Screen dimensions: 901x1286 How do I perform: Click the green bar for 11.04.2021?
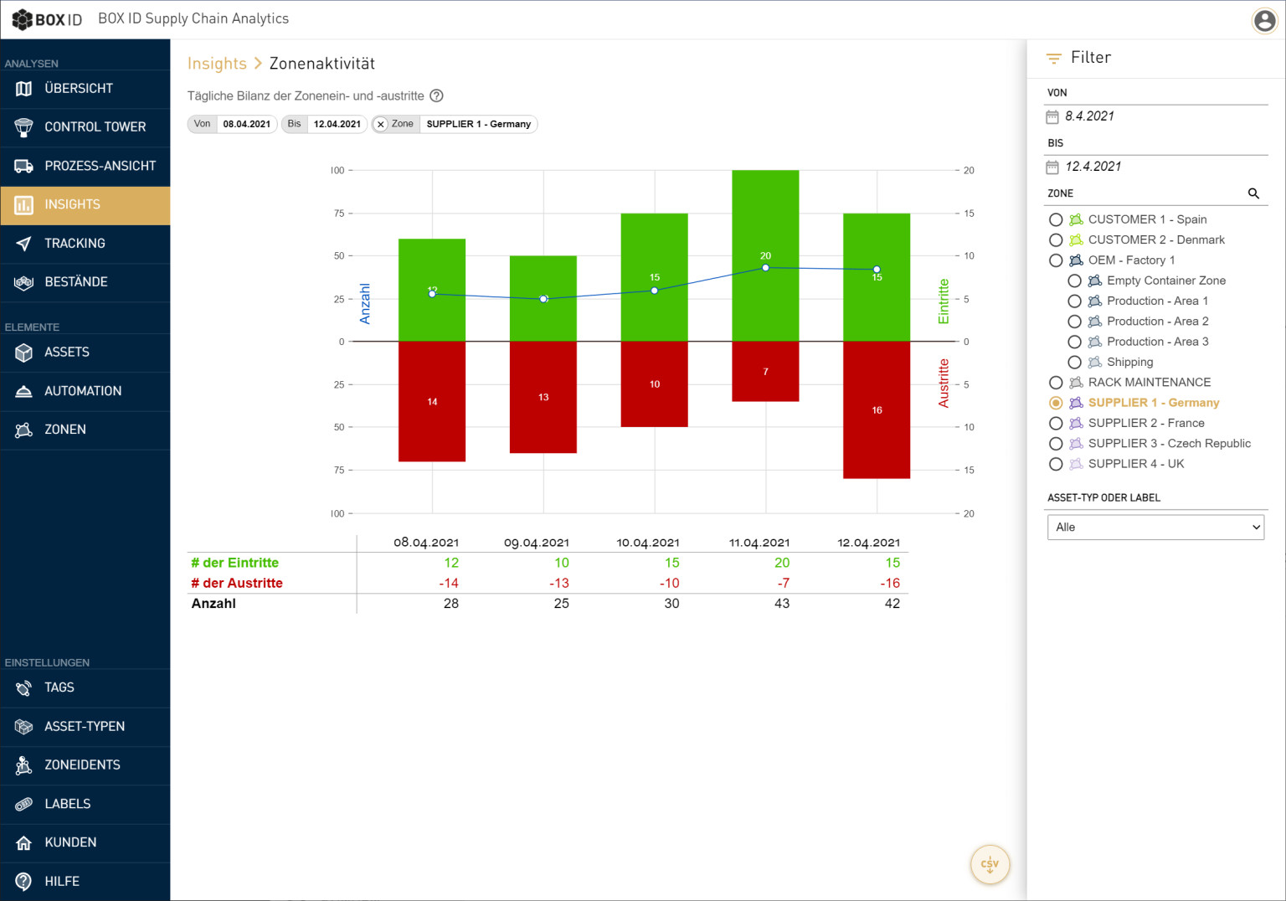pyautogui.click(x=765, y=218)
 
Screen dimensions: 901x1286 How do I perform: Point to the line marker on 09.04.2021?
pyautogui.click(x=543, y=299)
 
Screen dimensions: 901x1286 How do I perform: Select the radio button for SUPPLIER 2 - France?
pyautogui.click(x=1056, y=424)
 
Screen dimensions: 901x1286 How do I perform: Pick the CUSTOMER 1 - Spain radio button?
pyautogui.click(x=1056, y=219)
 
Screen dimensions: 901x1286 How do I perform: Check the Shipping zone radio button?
pyautogui.click(x=1074, y=363)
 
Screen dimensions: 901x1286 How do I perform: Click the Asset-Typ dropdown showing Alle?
pyautogui.click(x=1155, y=527)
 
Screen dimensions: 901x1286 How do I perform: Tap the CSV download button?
pyautogui.click(x=990, y=864)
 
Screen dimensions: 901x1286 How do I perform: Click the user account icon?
pyautogui.click(x=1264, y=20)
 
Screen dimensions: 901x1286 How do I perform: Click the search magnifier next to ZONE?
pyautogui.click(x=1253, y=193)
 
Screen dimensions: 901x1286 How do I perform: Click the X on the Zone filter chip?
pyautogui.click(x=381, y=124)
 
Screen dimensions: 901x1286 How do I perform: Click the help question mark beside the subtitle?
pyautogui.click(x=436, y=95)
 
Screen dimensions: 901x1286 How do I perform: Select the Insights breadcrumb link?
pyautogui.click(x=217, y=64)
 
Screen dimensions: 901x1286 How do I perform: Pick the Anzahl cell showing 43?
pyautogui.click(x=781, y=603)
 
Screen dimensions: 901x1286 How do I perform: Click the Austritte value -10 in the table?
pyautogui.click(x=669, y=583)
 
